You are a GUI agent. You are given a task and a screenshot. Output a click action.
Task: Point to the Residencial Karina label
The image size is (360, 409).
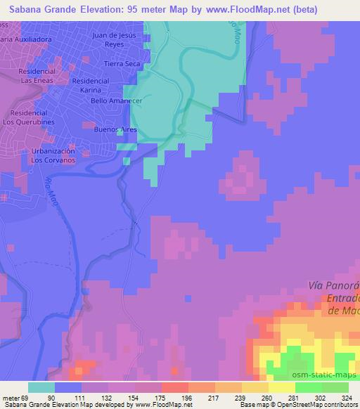[90, 86]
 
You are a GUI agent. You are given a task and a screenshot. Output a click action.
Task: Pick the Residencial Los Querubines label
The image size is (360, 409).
[29, 117]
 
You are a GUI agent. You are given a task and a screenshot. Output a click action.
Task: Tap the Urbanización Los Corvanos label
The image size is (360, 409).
[52, 155]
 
